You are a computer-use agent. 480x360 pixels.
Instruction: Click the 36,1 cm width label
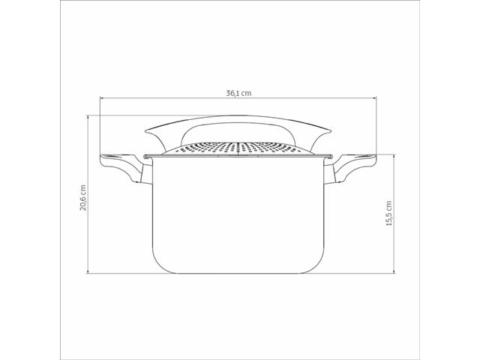[x=238, y=94]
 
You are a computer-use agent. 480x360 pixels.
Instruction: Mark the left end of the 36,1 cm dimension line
[x=100, y=99]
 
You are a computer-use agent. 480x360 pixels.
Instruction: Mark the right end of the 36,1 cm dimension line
[x=377, y=99]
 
